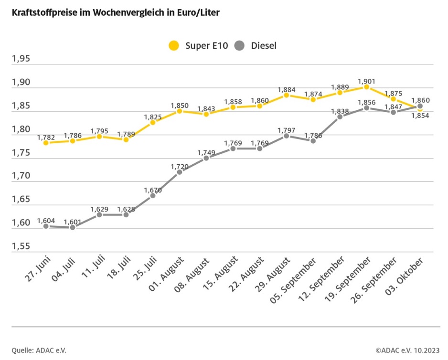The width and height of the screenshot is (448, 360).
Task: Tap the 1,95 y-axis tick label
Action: pyautogui.click(x=21, y=59)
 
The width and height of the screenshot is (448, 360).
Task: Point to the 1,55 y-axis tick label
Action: pyautogui.click(x=21, y=246)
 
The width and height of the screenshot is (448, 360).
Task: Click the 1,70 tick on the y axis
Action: pyautogui.click(x=21, y=176)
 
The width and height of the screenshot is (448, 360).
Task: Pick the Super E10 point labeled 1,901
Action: pyautogui.click(x=366, y=87)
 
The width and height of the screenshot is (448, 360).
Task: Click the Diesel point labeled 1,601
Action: pyautogui.click(x=73, y=227)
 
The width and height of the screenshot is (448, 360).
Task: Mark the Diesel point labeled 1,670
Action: pyautogui.click(x=153, y=195)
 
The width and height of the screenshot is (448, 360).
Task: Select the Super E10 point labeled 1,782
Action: pyautogui.click(x=46, y=143)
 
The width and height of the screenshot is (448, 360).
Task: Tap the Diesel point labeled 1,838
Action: pyautogui.click(x=340, y=116)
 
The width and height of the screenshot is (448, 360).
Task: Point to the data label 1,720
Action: pyautogui.click(x=180, y=166)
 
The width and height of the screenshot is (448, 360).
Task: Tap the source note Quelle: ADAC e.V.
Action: pyautogui.click(x=39, y=350)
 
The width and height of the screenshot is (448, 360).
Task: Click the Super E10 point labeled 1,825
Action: pyautogui.click(x=153, y=122)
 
